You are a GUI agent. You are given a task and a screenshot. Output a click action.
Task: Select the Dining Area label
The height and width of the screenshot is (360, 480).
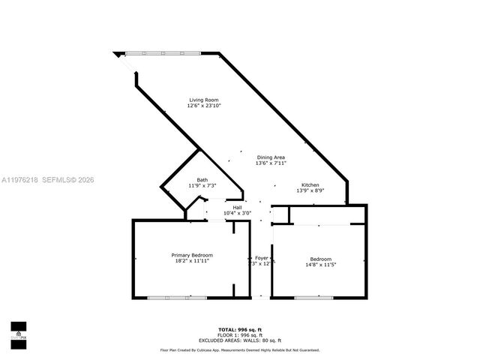(x=271, y=157)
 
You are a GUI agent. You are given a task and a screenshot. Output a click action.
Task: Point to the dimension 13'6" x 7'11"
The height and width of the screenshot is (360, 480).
(x=271, y=163)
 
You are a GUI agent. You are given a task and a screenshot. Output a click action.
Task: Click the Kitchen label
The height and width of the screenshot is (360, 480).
(x=310, y=184)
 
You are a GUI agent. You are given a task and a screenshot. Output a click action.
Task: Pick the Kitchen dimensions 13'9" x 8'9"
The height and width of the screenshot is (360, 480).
(x=310, y=190)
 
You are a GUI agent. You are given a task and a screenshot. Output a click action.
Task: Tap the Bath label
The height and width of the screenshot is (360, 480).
(x=202, y=179)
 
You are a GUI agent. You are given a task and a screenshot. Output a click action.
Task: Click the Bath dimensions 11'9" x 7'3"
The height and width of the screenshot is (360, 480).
(x=202, y=185)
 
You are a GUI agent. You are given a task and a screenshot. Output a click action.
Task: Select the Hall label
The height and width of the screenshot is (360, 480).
(x=237, y=207)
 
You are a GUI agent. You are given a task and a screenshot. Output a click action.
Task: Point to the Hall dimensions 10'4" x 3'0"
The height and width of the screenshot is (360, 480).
(x=237, y=213)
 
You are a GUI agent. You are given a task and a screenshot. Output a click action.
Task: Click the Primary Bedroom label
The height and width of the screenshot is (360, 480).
(x=192, y=256)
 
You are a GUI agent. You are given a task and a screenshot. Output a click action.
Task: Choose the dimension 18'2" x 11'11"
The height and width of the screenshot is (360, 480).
(x=192, y=262)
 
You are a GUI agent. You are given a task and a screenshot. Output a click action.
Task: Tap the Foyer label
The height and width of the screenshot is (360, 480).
(x=260, y=257)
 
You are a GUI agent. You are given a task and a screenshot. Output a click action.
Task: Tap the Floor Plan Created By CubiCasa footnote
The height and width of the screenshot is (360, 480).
(x=240, y=350)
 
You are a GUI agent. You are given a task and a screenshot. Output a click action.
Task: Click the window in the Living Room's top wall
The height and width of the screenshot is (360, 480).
(x=163, y=52)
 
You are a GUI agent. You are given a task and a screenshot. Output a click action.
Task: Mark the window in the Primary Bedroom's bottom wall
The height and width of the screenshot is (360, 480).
(x=166, y=298)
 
